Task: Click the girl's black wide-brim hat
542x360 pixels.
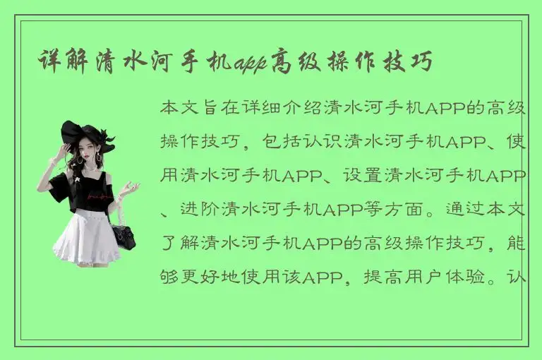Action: point(85,134)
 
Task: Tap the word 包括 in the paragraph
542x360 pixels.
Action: point(282,142)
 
